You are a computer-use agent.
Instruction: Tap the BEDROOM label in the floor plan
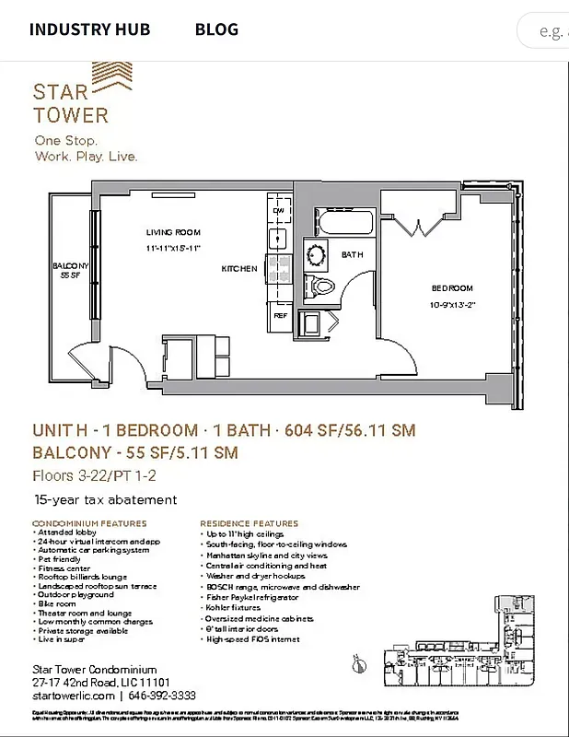click(452, 287)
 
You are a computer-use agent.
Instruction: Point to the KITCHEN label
click(238, 269)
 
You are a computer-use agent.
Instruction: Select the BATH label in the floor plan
click(353, 254)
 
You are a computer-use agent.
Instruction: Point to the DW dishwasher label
click(278, 211)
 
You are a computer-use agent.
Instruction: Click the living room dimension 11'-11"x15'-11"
click(172, 248)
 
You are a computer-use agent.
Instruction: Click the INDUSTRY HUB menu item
click(91, 29)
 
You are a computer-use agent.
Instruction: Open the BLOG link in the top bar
click(216, 29)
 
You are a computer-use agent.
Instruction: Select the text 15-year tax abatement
click(105, 500)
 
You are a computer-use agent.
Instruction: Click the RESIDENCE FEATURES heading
click(250, 523)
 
